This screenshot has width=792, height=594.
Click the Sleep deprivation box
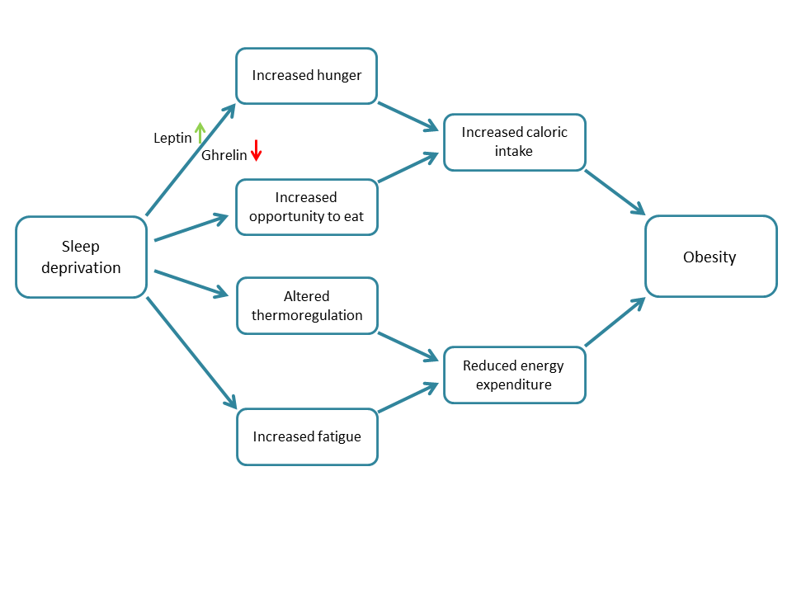81,257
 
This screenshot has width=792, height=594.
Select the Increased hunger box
306,76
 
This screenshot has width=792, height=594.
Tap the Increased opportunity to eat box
306,207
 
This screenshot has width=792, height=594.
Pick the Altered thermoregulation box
306,305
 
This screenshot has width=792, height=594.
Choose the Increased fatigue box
306,436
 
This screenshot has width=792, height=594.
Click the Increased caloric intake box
514,142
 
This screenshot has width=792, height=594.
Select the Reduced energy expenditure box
514,375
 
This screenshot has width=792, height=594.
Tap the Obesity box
710,257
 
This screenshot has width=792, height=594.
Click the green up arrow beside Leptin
200,134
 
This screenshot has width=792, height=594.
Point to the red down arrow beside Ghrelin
256,150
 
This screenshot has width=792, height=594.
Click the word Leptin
172,139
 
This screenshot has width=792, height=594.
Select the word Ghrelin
224,155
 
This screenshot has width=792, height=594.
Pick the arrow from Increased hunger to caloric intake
407,116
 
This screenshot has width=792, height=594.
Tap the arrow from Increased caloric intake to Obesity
615,192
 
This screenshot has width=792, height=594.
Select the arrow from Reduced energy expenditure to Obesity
615,323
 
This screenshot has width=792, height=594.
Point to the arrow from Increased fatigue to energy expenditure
407,397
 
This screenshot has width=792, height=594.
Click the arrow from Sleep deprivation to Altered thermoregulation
191,282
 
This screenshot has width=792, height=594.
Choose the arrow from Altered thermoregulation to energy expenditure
407,346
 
